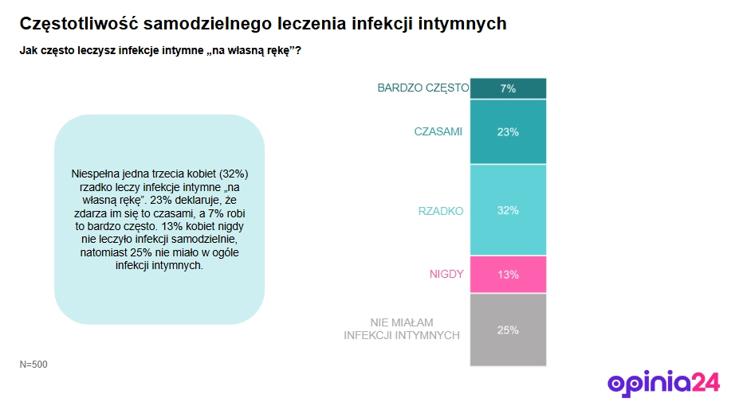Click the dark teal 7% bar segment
508,88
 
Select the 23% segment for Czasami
508,131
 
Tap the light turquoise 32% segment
508,210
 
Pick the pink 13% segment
508,275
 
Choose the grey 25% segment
508,330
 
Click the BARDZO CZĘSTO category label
423,88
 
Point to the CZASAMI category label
438,131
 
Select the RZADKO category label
441,211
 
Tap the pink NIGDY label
446,275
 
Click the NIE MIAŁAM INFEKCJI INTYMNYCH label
402,329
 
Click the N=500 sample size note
33,365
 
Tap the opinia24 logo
663,383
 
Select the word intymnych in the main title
467,24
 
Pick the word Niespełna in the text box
94,173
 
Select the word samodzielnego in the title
201,24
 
